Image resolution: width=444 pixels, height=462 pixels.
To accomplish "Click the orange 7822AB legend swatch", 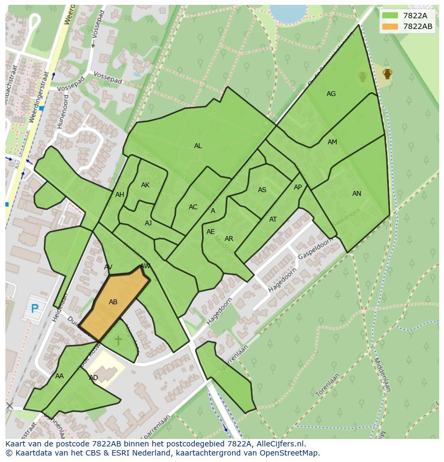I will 390,26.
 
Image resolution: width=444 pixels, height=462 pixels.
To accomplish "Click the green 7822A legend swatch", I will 390,16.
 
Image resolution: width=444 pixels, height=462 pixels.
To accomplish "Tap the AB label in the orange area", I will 113,302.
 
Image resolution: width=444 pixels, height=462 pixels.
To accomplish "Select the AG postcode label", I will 331,94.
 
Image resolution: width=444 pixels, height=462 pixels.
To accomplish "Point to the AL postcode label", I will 198,146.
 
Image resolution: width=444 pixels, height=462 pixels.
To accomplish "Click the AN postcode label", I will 357,194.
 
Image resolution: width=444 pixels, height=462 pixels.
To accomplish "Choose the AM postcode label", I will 332,142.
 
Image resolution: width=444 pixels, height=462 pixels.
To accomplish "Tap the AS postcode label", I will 262,190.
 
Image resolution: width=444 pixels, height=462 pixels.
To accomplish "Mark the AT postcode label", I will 273,219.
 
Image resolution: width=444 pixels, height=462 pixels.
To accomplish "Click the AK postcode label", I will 145,185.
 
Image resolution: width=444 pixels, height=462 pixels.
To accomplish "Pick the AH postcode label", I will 120,195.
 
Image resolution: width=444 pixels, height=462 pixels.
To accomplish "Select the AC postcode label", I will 193,207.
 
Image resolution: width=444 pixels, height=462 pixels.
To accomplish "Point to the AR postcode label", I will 229,239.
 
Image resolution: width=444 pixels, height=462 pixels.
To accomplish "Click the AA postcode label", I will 60,376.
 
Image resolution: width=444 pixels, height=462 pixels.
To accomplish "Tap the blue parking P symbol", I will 35,309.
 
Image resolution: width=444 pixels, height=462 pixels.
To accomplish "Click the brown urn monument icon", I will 387,74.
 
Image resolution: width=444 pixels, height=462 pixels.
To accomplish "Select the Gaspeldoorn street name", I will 315,247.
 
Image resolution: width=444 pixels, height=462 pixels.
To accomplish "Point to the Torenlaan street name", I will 328,385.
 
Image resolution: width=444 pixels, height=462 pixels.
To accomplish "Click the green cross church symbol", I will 118,340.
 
